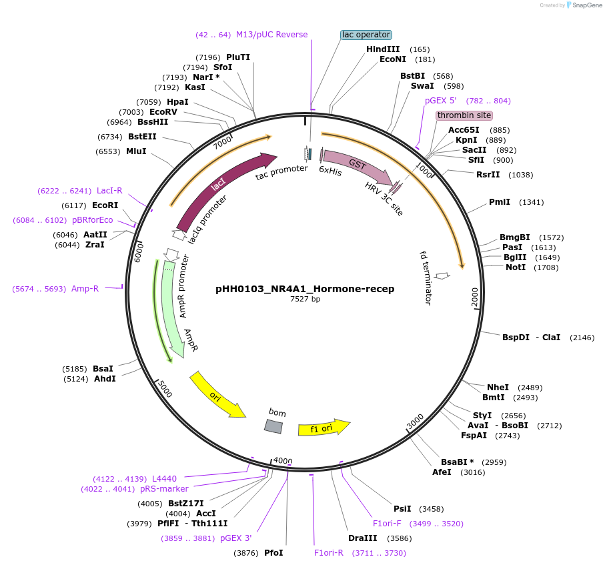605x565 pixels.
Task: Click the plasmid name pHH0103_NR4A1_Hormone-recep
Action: [305, 289]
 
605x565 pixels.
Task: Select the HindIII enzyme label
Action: [383, 49]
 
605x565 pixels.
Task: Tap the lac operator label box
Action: [366, 35]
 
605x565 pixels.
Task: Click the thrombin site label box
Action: [464, 115]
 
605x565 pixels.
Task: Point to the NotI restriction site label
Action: [516, 267]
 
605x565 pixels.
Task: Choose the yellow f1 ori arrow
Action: [324, 428]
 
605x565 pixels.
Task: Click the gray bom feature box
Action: [273, 426]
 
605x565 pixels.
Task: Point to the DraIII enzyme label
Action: [362, 538]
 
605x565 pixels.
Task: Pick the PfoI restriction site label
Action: [273, 553]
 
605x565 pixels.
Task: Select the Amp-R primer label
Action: [85, 289]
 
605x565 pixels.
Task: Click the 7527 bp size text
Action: [305, 300]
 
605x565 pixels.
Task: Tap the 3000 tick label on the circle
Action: [415, 421]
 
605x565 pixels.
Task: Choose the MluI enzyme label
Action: [136, 151]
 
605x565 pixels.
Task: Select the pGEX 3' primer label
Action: [235, 538]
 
